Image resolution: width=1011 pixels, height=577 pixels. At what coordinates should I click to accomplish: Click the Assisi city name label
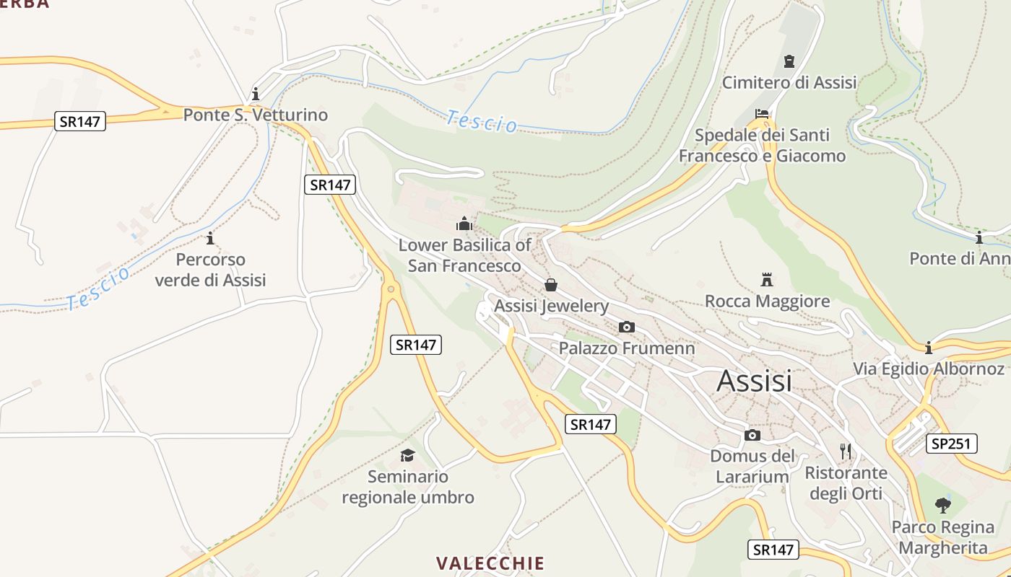coord(754,381)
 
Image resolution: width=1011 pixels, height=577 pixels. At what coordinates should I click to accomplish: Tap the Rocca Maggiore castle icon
coord(767,279)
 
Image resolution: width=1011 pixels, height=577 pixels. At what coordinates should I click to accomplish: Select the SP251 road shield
coord(952,444)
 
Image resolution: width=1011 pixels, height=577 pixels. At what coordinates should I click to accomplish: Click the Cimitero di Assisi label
coord(789,82)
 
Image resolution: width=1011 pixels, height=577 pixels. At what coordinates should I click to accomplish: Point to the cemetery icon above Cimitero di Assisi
coord(789,61)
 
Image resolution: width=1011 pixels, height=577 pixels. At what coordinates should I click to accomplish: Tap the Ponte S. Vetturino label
coord(255,115)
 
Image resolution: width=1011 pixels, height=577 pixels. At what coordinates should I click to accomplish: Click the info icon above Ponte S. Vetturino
coord(255,94)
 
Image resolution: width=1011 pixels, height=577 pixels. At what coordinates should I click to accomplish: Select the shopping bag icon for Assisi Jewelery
coord(551,285)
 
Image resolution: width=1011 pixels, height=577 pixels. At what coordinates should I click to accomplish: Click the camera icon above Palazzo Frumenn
coord(627,327)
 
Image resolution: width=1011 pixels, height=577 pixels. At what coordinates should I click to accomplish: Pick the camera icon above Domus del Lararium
coord(752,435)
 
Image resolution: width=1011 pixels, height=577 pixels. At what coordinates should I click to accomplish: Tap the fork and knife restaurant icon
coord(846,452)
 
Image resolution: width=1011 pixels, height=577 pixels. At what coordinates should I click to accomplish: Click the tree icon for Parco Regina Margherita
coord(942,505)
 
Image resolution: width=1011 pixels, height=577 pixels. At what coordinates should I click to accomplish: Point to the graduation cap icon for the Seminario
coord(407,455)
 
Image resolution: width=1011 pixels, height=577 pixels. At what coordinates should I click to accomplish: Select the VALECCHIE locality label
coord(490,563)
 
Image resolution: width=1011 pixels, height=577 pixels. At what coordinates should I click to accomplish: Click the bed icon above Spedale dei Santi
coord(761,113)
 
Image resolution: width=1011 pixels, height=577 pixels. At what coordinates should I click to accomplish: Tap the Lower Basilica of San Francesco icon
coord(464,224)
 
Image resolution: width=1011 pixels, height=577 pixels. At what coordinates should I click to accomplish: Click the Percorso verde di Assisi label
coord(210,270)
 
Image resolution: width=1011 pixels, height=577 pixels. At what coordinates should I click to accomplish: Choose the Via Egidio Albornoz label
coord(929,369)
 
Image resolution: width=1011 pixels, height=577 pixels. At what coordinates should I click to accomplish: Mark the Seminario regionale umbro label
coord(407,487)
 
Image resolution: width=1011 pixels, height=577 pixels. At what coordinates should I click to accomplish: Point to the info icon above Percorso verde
coord(210,238)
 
